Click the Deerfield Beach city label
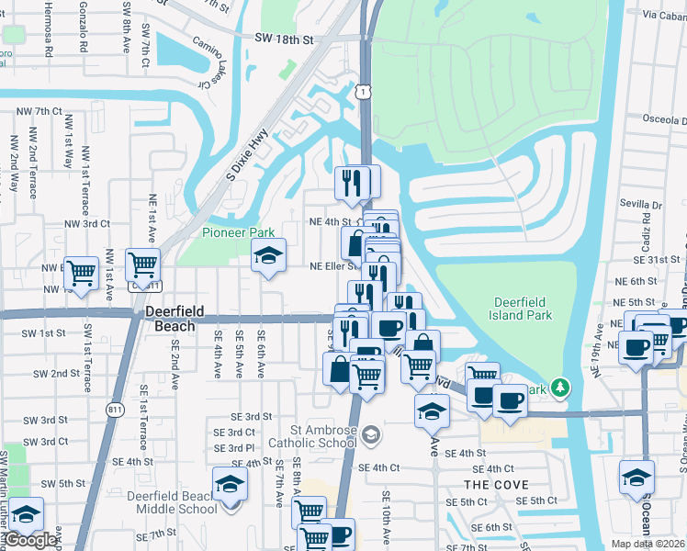pos(171,319)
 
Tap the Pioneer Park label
pos(225,233)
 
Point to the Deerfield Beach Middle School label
pos(172,502)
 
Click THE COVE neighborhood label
pos(496,484)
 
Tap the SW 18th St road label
pos(286,40)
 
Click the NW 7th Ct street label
pos(39,111)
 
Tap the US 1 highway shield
pos(366,92)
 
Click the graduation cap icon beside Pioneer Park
pos(269,256)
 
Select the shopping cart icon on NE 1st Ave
pos(142,265)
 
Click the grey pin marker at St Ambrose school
pos(370,434)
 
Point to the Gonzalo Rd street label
pos(84,30)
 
